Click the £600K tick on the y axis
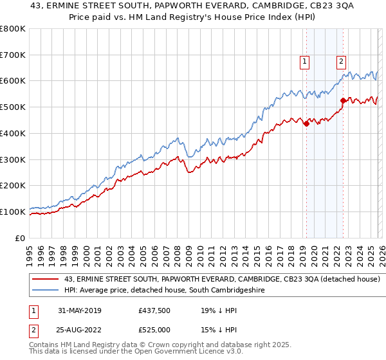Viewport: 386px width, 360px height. tap(13, 81)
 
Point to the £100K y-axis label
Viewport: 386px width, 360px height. tap(13, 212)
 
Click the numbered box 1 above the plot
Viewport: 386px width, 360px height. tap(304, 62)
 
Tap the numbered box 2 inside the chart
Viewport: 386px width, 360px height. tap(340, 62)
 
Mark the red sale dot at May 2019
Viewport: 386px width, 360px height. tap(306, 123)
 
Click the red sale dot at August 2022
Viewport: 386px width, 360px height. tap(343, 100)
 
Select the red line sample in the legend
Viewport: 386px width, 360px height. tap(46, 279)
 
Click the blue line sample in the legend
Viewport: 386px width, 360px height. tap(46, 291)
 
